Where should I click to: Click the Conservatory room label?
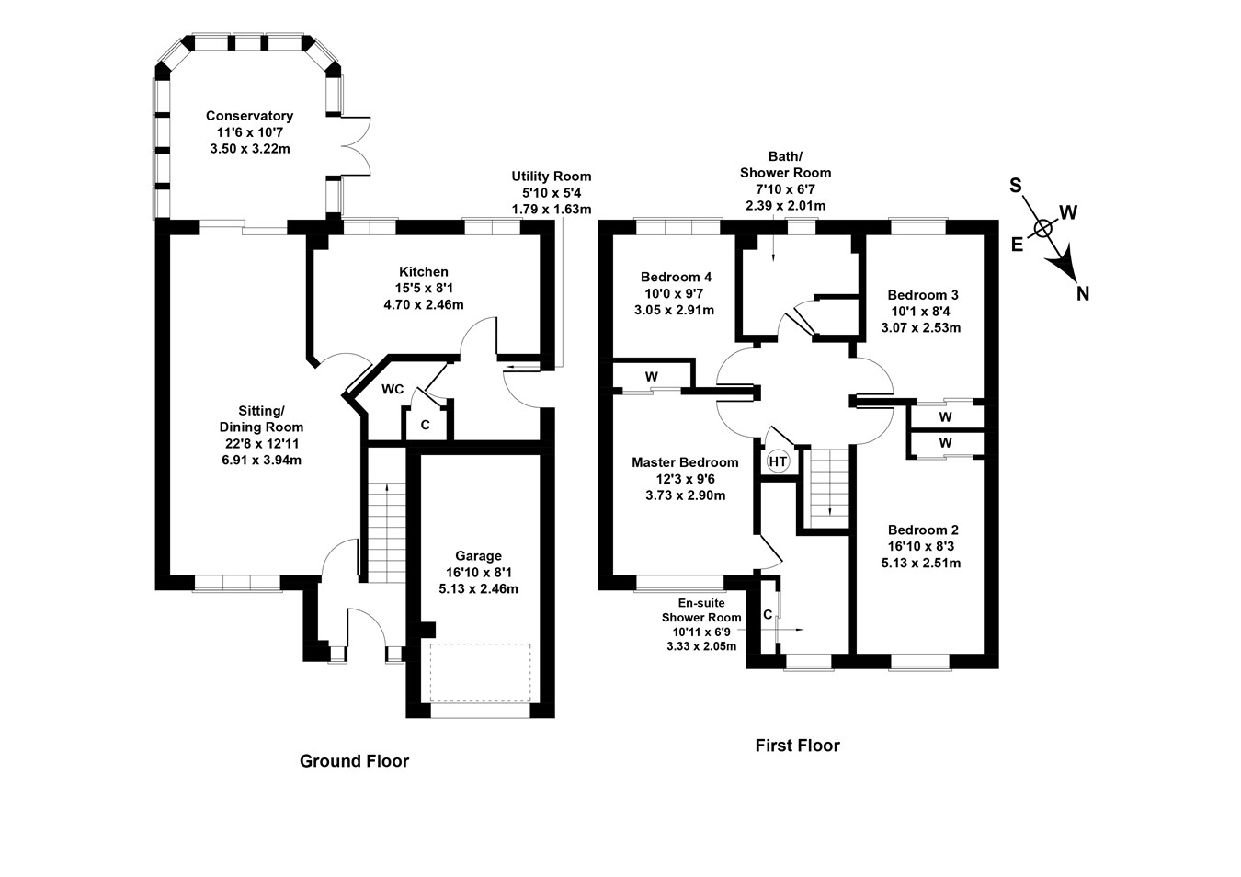tap(249, 116)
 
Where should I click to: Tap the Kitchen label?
tap(423, 272)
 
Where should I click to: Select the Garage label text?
tap(478, 555)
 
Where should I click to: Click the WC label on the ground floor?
tap(393, 390)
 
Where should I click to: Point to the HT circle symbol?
tap(778, 461)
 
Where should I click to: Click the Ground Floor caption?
tap(354, 761)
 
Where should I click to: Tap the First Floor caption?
tap(797, 746)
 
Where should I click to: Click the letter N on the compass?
tap(1083, 294)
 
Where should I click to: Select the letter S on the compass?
tap(1016, 186)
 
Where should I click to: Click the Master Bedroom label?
tap(685, 462)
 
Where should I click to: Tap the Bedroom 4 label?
tap(676, 277)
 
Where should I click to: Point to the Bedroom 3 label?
tap(922, 295)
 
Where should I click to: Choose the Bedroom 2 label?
tap(922, 530)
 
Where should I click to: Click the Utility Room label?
tap(552, 177)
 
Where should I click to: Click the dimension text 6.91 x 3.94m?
tap(261, 460)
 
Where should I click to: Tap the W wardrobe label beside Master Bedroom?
tap(652, 377)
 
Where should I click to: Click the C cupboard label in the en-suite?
tap(767, 615)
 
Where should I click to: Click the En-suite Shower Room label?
tap(701, 609)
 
